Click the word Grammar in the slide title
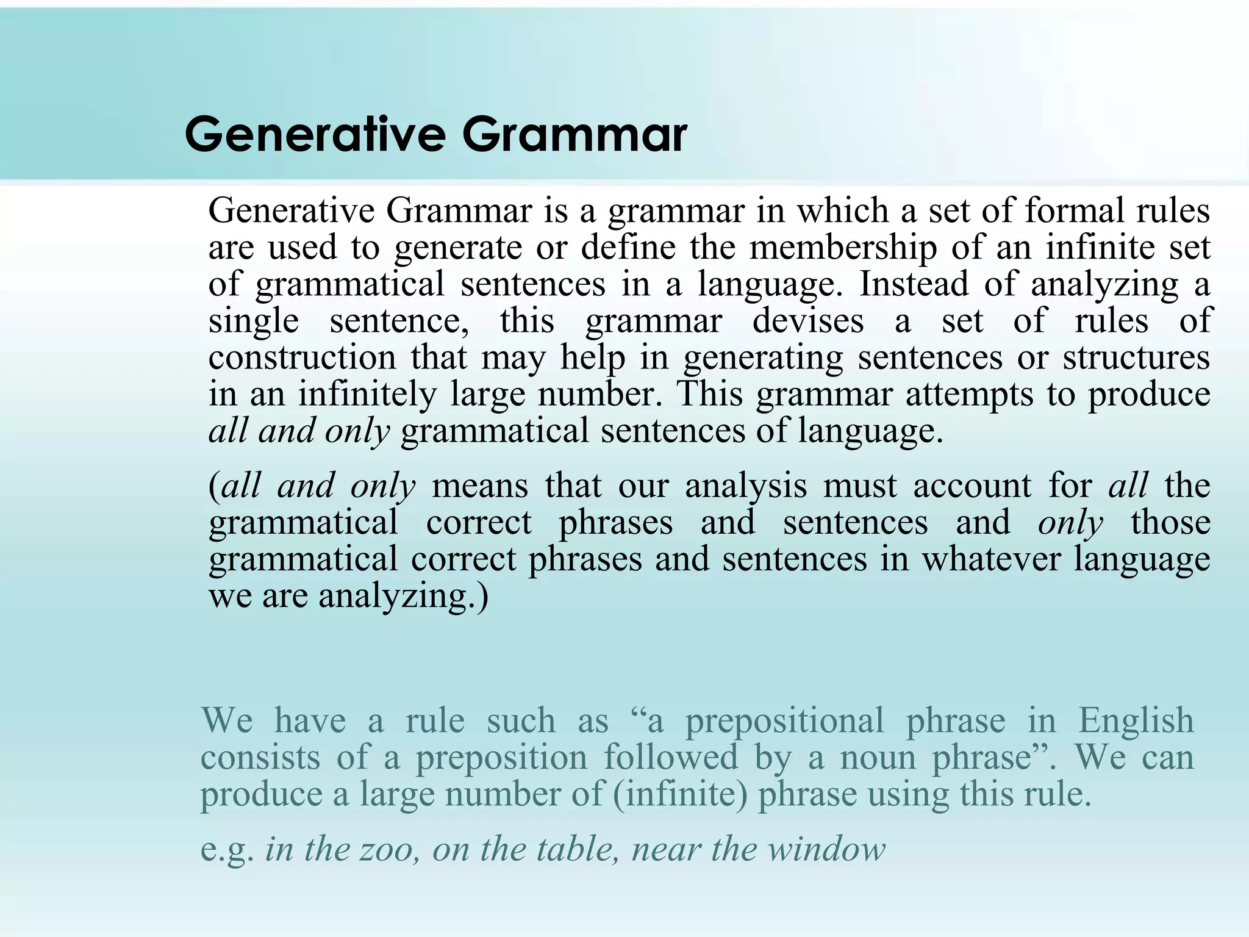pos(574,135)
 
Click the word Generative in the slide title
pos(315,135)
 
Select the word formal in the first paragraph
pos(1074,211)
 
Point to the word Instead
pos(914,284)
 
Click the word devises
pos(807,321)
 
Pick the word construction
pos(302,357)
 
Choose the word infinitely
pos(367,394)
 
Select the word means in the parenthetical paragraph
pos(480,486)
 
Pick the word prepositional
pos(784,720)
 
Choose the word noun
pos(876,758)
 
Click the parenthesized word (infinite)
pos(680,794)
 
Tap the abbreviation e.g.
pos(227,850)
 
